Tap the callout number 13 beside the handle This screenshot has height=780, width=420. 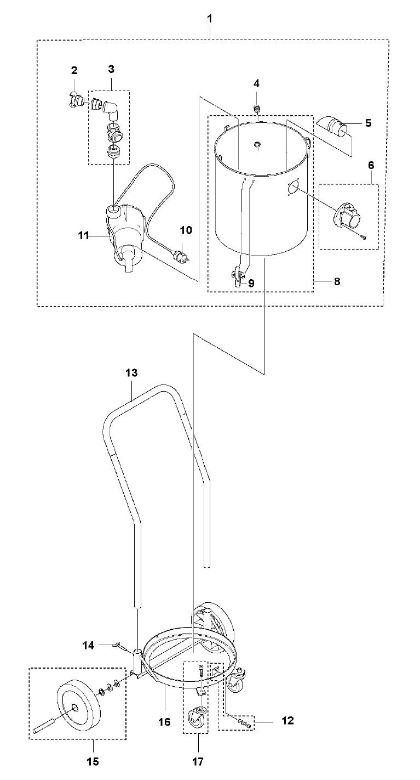(x=131, y=373)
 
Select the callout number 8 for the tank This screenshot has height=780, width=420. (x=336, y=281)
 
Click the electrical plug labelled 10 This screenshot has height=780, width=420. (x=179, y=255)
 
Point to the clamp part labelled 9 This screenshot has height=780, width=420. (x=238, y=273)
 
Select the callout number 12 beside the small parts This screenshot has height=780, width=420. (x=287, y=720)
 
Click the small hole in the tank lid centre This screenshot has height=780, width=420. (x=257, y=145)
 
